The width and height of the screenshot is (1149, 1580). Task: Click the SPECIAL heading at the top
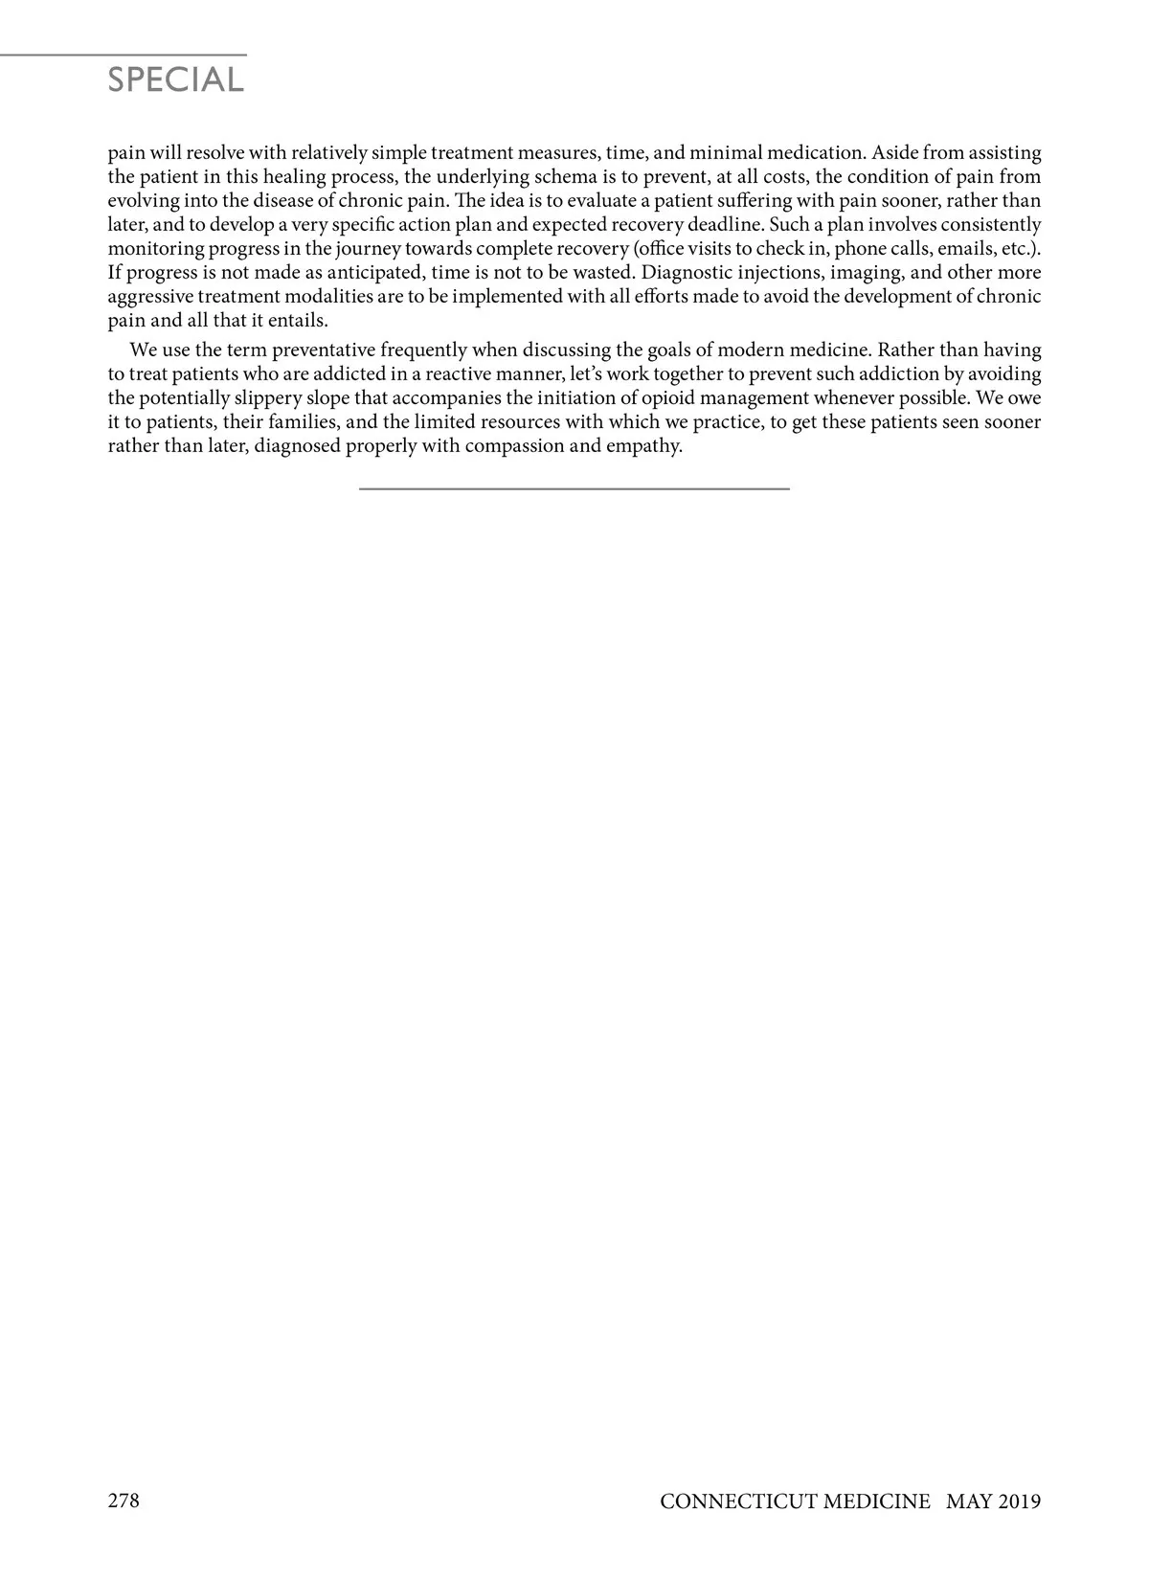176,79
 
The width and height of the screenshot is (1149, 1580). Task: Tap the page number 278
124,1501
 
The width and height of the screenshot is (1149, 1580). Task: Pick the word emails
968,249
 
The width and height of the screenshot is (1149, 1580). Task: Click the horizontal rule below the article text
574,488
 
